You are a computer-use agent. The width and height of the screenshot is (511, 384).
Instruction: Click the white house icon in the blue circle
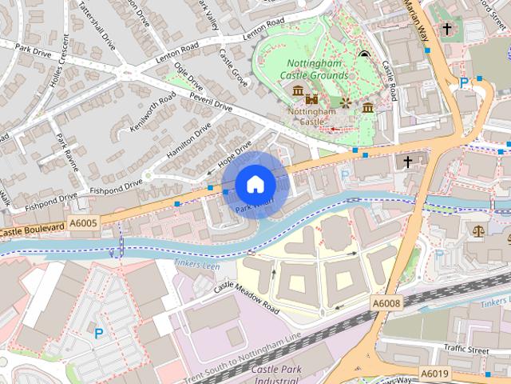coord(255,185)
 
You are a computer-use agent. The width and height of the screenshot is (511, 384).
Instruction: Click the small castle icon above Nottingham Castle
coord(311,98)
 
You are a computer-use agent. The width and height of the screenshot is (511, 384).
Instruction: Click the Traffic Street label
coord(465,349)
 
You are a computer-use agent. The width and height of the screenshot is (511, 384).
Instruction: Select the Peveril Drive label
coord(210,102)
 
